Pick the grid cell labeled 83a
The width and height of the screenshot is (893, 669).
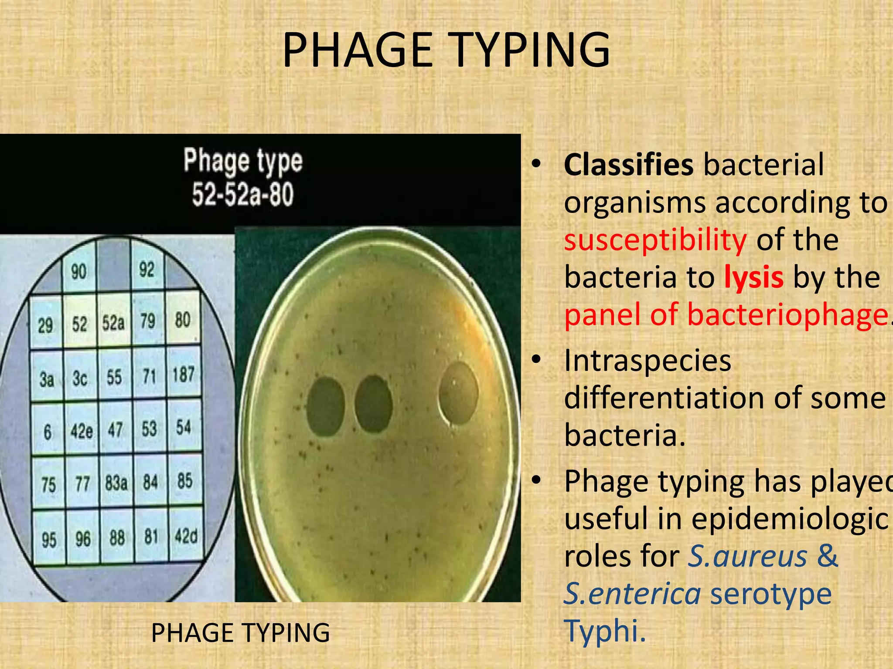[116, 483]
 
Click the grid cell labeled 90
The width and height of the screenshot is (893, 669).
[79, 272]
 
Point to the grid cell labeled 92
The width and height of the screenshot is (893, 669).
[147, 270]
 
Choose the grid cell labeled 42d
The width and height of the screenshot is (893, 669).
[186, 536]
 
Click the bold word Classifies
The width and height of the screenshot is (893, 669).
[628, 165]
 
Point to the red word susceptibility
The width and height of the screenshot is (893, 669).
[655, 240]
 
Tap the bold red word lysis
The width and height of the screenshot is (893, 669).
[753, 277]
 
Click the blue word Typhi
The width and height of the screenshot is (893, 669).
[604, 630]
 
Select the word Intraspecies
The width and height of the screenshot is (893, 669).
[647, 361]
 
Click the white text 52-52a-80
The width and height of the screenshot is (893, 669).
[243, 194]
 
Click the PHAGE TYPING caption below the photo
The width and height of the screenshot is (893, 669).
[240, 633]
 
